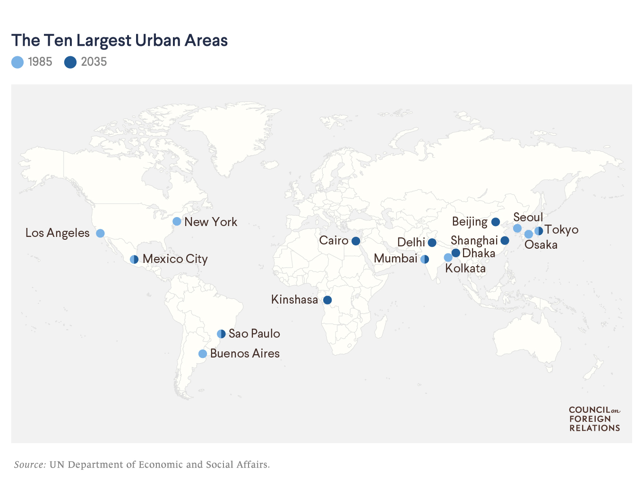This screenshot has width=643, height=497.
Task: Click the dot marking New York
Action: (177, 221)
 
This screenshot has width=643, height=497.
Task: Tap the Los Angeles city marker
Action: (100, 233)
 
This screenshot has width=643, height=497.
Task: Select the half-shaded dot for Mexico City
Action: (134, 259)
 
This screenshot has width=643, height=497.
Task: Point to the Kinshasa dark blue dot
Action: (327, 300)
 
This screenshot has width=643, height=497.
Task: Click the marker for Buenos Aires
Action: (203, 354)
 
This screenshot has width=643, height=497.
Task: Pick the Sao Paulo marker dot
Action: (221, 334)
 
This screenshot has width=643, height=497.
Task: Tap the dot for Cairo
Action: (356, 241)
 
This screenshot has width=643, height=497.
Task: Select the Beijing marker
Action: (496, 222)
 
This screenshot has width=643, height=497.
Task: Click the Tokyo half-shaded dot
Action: (539, 231)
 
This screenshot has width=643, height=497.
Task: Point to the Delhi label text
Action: (411, 243)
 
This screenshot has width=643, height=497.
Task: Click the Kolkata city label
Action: (465, 269)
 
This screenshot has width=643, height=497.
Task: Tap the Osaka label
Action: (541, 245)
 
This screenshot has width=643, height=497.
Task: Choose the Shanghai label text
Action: (474, 240)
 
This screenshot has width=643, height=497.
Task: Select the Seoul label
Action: (528, 217)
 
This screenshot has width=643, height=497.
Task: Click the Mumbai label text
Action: (395, 259)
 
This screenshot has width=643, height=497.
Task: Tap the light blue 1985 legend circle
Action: (17, 62)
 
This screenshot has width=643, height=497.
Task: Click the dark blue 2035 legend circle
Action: (70, 62)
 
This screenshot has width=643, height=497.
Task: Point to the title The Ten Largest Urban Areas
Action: (120, 41)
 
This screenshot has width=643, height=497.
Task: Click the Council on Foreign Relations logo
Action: (594, 419)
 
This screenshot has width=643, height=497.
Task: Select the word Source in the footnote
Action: (30, 464)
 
